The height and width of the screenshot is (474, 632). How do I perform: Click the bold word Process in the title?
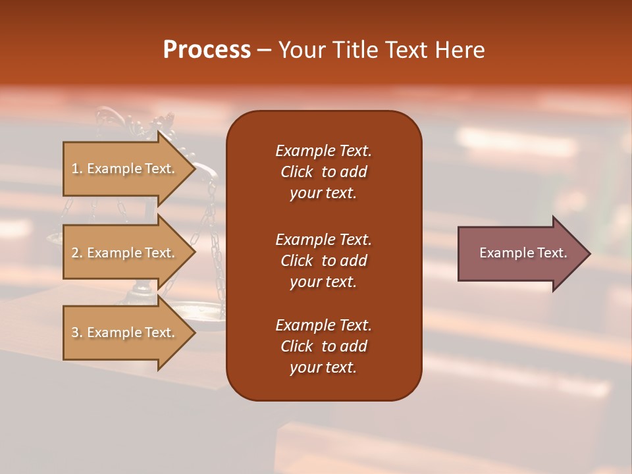[207, 50]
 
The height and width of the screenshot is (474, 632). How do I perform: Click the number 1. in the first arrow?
[77, 169]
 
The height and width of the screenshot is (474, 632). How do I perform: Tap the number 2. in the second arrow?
[77, 253]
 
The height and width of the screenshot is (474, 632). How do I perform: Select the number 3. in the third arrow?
[77, 332]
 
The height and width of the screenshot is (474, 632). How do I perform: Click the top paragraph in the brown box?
[323, 172]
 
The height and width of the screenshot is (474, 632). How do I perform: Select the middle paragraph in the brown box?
[323, 261]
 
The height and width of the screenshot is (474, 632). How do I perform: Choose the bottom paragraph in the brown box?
[323, 346]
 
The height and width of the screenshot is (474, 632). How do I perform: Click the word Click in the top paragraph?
[297, 172]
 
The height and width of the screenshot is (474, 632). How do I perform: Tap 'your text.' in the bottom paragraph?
[323, 367]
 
